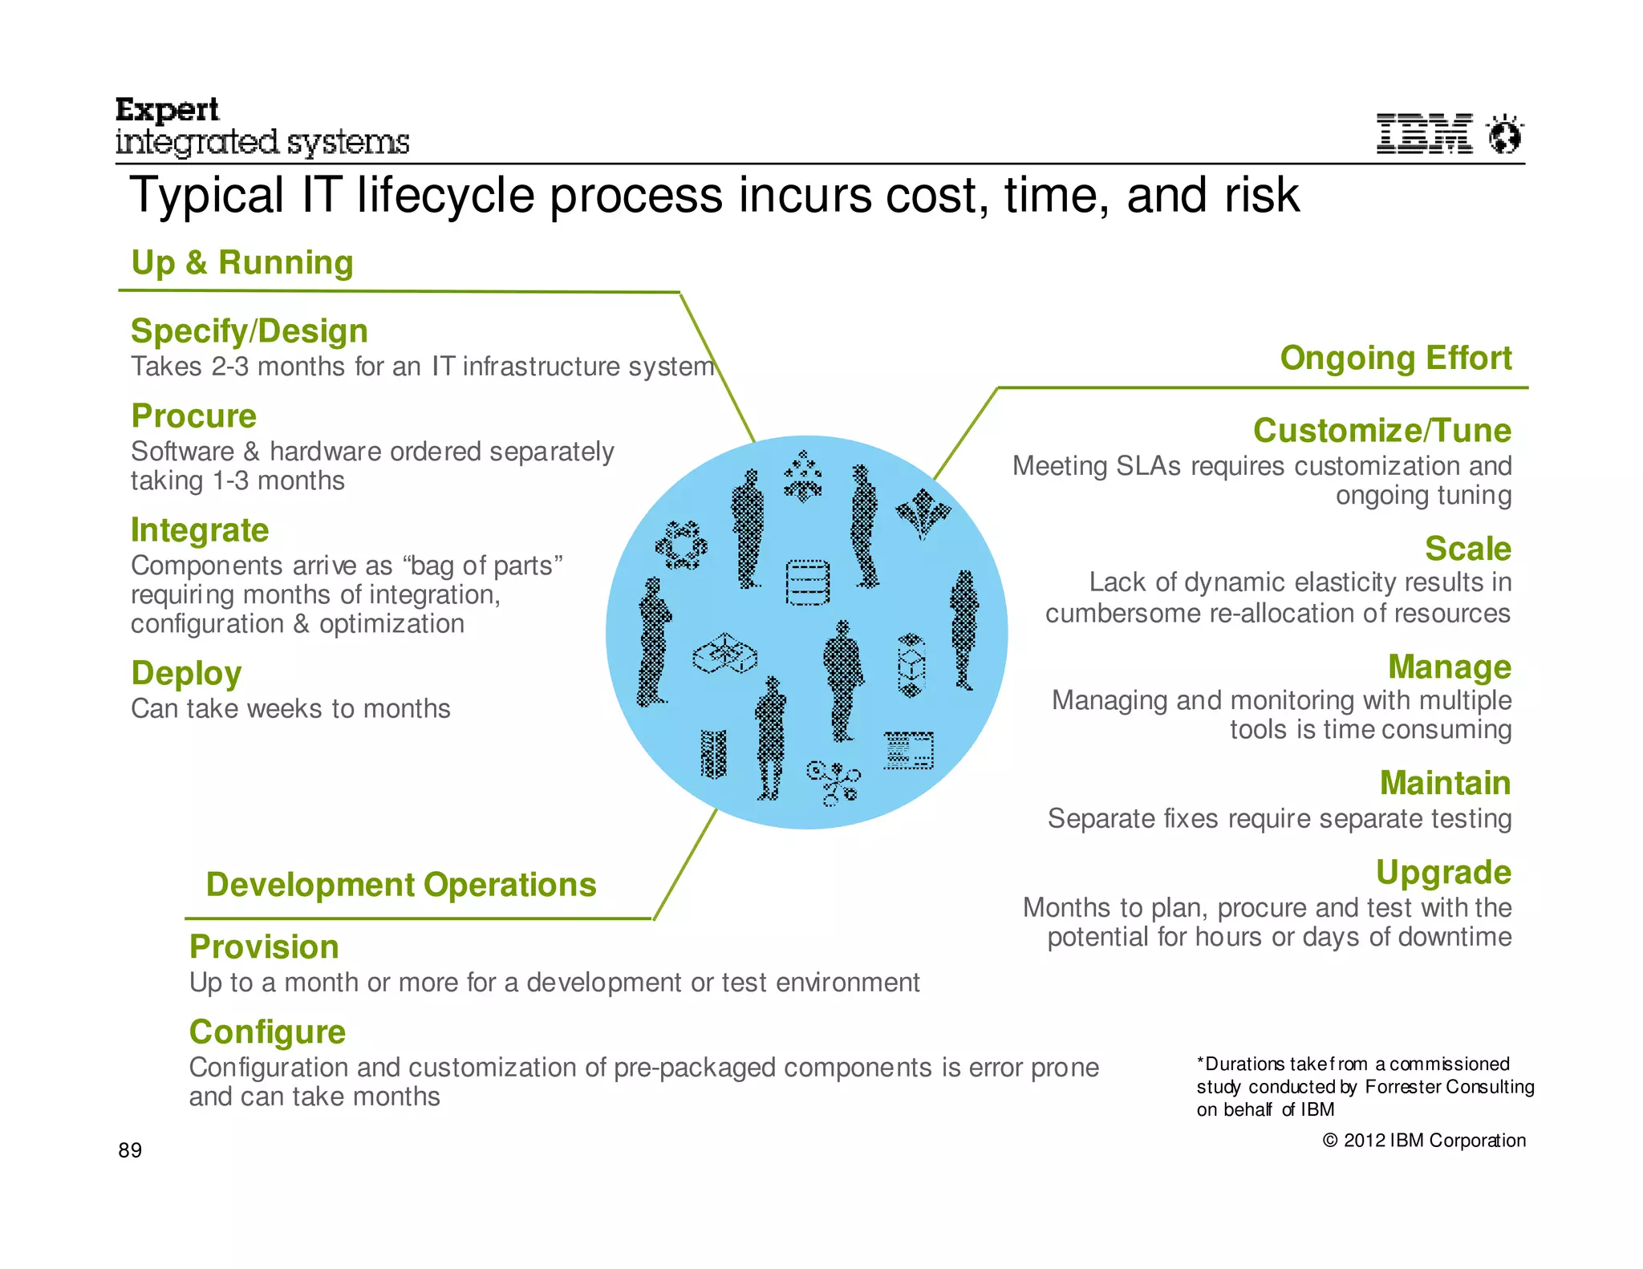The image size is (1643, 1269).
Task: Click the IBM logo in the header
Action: click(1424, 133)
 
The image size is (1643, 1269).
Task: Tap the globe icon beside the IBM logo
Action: click(1504, 133)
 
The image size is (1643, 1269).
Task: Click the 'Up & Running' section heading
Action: click(242, 262)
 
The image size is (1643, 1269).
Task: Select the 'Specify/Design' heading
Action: click(249, 331)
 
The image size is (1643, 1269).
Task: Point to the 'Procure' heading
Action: click(194, 416)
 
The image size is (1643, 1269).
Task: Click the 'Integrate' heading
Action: click(200, 530)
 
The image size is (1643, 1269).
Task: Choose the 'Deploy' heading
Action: click(186, 674)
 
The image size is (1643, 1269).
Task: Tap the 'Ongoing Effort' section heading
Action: click(1396, 358)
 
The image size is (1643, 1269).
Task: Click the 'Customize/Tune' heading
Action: click(1382, 431)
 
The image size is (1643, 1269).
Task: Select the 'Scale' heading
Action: click(1468, 549)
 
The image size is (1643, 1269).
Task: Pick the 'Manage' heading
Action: click(1450, 667)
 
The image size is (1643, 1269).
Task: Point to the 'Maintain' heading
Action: click(1446, 783)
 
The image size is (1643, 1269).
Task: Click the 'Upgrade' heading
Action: click(1443, 872)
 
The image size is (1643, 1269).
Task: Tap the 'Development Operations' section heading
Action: click(401, 885)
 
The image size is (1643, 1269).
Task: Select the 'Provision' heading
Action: click(264, 947)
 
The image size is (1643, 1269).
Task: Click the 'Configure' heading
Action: click(267, 1032)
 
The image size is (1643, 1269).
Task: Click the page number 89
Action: click(130, 1150)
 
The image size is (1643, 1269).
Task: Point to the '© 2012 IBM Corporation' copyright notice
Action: click(1424, 1141)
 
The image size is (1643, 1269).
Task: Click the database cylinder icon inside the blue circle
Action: click(807, 582)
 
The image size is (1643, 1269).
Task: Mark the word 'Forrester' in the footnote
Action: click(1402, 1087)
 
